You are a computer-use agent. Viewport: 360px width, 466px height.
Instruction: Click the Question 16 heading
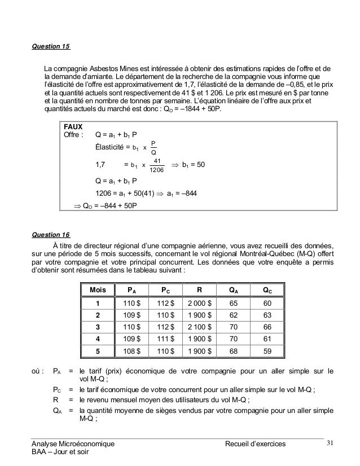pos(51,234)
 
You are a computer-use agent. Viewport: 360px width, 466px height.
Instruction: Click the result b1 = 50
pos(190,165)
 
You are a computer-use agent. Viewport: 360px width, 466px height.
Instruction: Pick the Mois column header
pos(98,291)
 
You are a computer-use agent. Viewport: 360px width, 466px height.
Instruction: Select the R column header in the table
pos(199,291)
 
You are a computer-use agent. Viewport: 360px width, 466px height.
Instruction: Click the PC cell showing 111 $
pos(165,338)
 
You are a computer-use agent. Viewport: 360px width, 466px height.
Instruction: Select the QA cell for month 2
pos(233,315)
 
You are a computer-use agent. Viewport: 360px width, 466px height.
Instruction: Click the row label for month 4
pos(98,338)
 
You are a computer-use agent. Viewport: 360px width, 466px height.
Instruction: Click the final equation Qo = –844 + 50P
pos(109,205)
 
